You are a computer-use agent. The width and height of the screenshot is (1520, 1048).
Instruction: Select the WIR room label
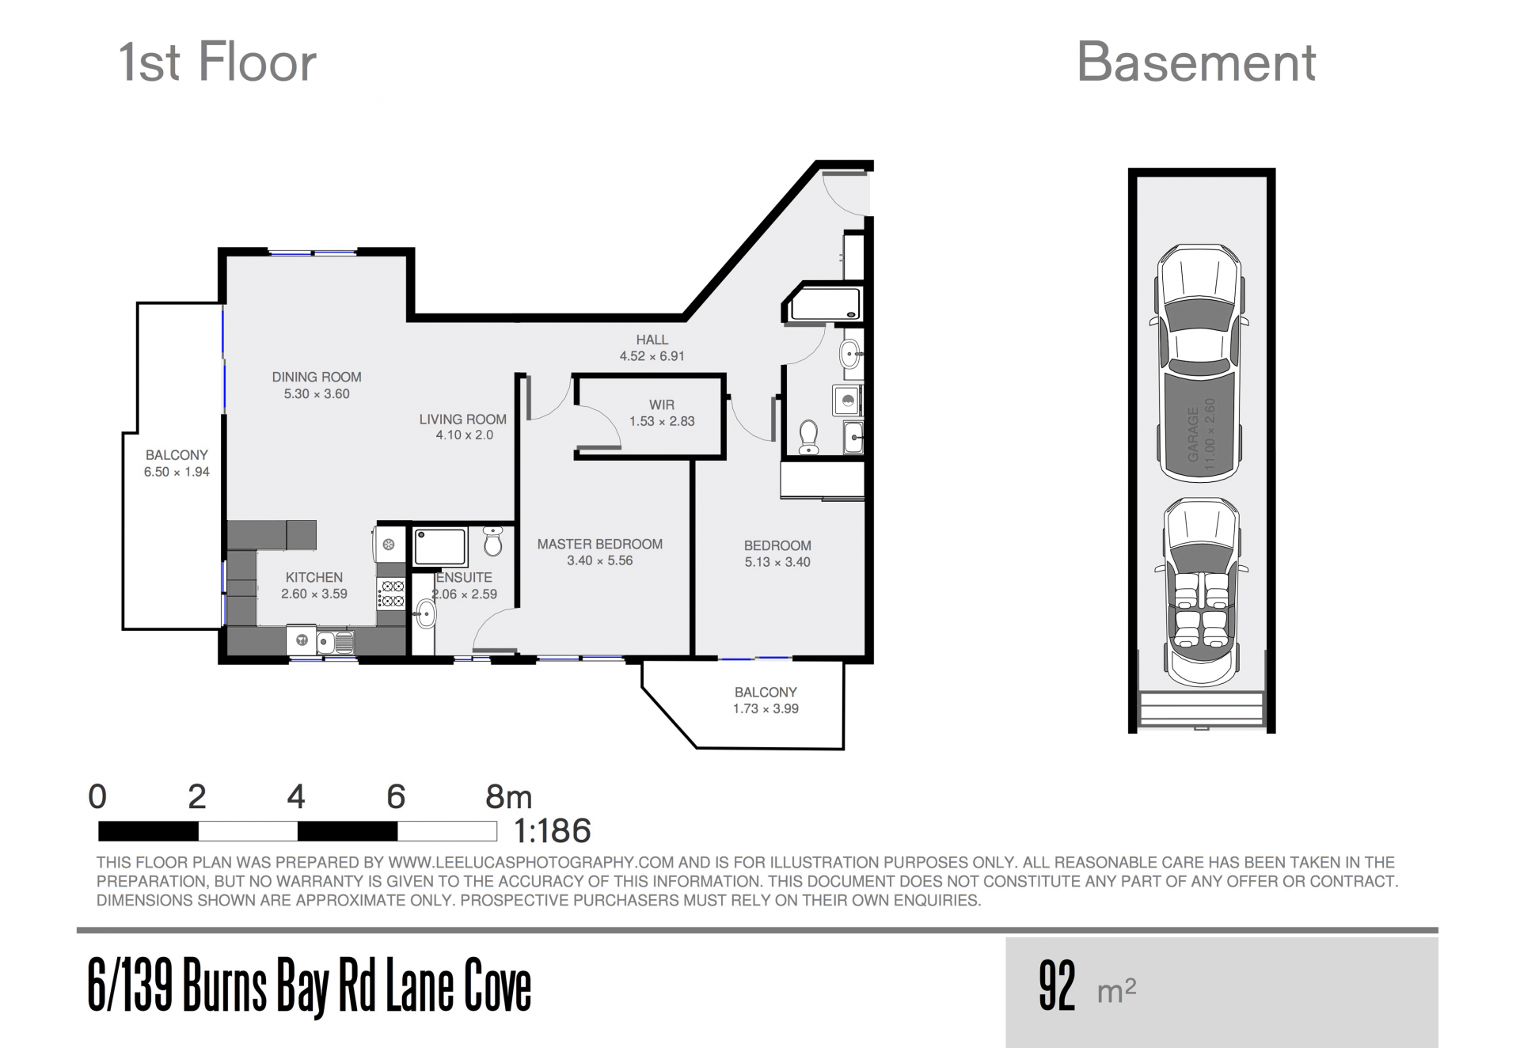pos(662,404)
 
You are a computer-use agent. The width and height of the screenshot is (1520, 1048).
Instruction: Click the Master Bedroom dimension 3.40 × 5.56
pos(599,560)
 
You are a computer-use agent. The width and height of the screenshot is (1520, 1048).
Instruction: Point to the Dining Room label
pos(317,377)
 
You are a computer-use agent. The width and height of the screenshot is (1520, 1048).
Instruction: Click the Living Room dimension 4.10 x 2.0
pos(464,435)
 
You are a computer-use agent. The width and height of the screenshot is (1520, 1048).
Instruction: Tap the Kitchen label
pos(314,577)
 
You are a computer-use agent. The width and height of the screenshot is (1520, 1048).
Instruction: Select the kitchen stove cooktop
pos(392,594)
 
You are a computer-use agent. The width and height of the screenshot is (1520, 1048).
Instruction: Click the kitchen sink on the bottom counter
pos(335,641)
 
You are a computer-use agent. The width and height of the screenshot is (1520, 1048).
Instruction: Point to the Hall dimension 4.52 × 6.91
pos(652,356)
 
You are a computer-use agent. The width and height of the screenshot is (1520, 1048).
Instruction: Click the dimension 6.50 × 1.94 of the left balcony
pos(177,472)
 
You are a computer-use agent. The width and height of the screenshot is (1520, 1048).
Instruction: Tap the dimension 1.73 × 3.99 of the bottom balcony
pos(766,708)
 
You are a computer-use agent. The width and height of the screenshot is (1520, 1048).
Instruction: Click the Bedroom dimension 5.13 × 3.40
pos(777,562)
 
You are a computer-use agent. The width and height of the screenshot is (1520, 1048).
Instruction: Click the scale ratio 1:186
pos(552,831)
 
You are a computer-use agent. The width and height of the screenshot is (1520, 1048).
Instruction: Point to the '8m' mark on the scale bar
pos(508,796)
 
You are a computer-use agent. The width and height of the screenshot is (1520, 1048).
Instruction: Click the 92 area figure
pos(1057,985)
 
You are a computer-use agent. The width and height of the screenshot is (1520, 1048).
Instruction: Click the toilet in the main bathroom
pos(808,437)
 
